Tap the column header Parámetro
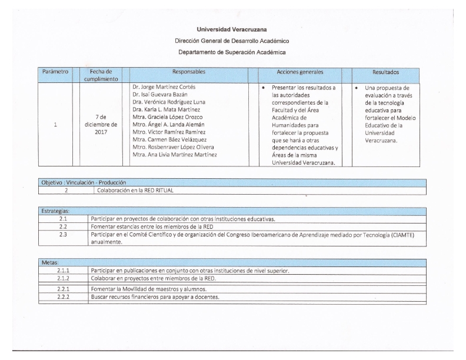click(55, 72)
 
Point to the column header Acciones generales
click(299, 72)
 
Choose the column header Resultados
click(385, 72)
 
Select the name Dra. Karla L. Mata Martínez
click(167, 109)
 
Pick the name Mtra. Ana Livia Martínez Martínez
click(175, 155)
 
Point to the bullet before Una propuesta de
click(357, 88)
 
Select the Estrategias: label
click(56, 211)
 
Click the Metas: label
click(50, 262)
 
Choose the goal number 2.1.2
click(64, 278)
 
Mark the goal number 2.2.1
click(64, 289)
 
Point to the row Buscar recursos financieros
click(155, 296)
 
